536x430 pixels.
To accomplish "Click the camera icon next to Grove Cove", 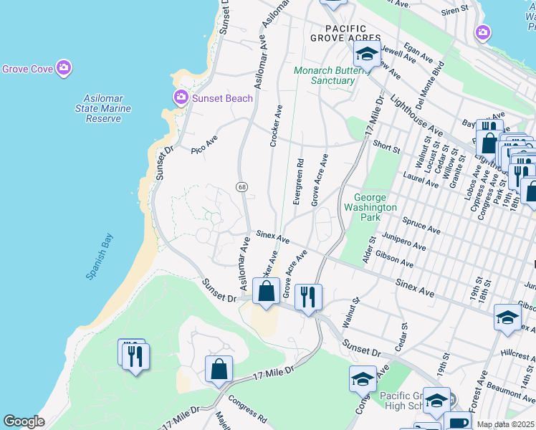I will click(64, 68).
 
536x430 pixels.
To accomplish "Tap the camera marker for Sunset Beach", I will click(180, 97).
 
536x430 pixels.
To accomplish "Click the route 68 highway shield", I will click(241, 187).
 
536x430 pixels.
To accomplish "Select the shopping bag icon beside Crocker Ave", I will click(266, 292).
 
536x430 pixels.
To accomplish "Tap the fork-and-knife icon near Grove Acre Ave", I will click(308, 296).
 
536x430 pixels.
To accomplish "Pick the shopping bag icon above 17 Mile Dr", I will click(219, 369).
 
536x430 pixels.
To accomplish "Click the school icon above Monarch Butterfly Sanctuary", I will click(366, 54).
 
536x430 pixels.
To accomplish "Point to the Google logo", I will click(23, 421).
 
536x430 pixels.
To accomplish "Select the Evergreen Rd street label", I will click(298, 182).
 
